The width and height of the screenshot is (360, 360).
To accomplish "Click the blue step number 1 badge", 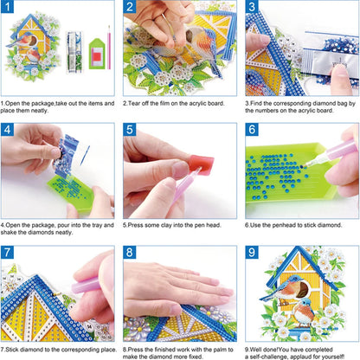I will (10, 10).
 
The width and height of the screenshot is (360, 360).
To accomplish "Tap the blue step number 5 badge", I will (132, 132).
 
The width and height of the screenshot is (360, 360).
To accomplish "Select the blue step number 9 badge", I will (254, 254).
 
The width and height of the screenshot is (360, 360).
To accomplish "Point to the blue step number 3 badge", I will (254, 10).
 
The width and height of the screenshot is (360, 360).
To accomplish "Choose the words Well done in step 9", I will (265, 347).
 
